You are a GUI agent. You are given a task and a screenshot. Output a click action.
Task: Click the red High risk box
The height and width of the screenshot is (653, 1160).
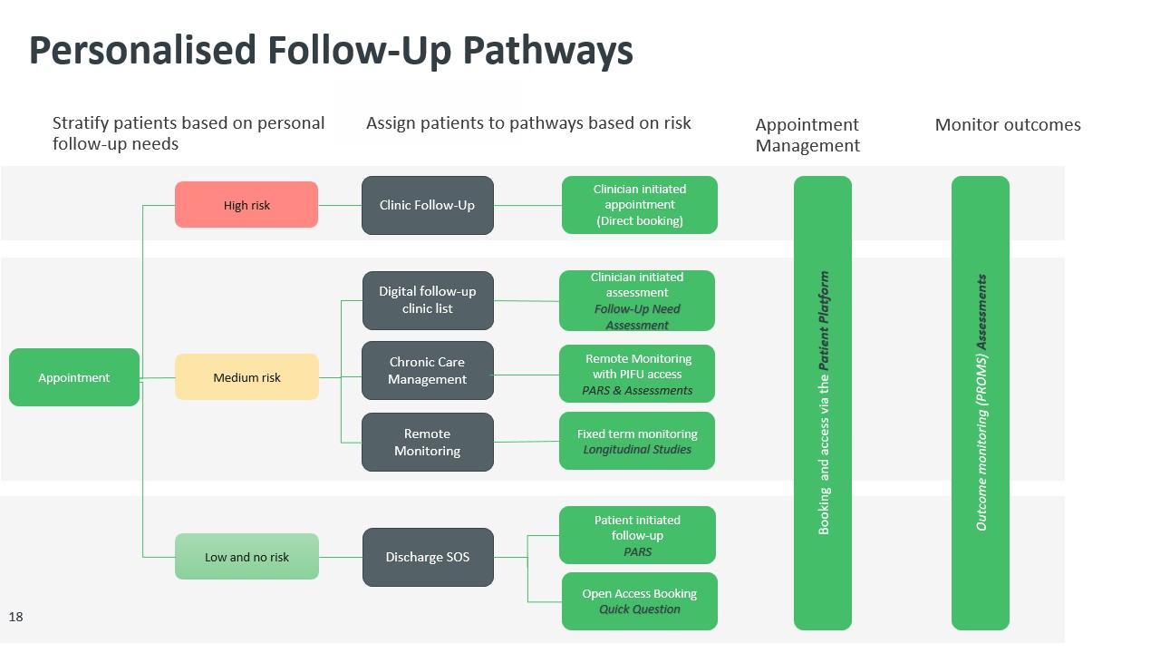(x=246, y=205)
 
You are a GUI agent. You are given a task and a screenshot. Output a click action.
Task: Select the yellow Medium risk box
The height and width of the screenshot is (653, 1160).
(x=246, y=377)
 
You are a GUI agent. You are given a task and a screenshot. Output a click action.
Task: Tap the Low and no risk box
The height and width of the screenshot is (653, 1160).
(x=246, y=556)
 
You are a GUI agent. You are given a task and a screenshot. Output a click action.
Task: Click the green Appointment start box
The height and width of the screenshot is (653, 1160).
(x=74, y=377)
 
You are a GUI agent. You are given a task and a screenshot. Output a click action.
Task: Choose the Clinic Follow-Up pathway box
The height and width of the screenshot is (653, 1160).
(x=427, y=205)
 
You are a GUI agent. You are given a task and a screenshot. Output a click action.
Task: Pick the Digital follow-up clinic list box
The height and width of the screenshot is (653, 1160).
(x=428, y=300)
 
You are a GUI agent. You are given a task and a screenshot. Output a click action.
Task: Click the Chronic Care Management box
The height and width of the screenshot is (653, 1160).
(x=428, y=370)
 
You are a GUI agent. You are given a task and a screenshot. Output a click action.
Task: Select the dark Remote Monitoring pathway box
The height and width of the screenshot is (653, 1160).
(x=428, y=442)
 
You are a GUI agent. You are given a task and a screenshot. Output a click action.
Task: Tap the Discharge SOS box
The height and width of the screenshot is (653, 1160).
(x=428, y=557)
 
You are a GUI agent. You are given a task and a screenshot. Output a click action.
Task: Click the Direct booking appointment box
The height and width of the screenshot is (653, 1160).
(x=639, y=205)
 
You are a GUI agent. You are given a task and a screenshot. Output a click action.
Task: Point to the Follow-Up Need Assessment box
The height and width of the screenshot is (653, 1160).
(x=637, y=300)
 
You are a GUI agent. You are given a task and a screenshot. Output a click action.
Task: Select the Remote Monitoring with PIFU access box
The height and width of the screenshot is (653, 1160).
(x=637, y=374)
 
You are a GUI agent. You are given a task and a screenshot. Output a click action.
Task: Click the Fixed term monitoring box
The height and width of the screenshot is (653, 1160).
(x=637, y=441)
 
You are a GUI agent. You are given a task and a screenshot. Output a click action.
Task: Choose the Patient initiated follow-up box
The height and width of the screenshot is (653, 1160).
(x=637, y=535)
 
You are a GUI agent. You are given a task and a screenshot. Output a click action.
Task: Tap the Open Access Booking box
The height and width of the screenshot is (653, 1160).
(x=639, y=600)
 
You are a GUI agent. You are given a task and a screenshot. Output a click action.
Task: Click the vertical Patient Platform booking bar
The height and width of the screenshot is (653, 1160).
(x=823, y=403)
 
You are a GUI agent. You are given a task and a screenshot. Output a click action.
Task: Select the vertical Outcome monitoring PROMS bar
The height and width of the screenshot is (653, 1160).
(x=980, y=403)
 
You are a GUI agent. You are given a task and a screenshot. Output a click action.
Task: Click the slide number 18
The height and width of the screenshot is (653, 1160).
(x=16, y=617)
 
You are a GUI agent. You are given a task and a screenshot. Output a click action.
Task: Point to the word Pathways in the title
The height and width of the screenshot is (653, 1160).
(x=547, y=51)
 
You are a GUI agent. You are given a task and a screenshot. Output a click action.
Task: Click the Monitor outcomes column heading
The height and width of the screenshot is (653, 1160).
(x=1008, y=125)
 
